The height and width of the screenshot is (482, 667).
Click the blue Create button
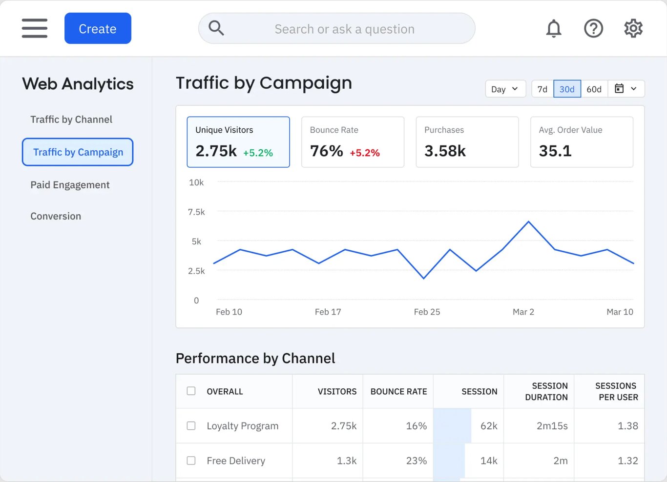coord(98,28)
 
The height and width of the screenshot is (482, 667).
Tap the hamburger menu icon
coord(35,28)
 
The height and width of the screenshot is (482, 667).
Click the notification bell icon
coord(553,28)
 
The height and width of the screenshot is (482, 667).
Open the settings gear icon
coord(633,28)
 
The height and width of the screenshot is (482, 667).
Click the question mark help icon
coord(593,28)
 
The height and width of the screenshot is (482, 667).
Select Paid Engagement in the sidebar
coord(70,185)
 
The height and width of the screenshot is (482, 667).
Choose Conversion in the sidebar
coord(56,216)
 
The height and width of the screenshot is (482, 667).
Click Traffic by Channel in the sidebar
coord(71,120)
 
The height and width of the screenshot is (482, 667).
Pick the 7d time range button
coord(542,89)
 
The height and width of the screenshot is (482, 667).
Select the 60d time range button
coord(594,89)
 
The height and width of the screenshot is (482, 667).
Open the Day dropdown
coord(505,89)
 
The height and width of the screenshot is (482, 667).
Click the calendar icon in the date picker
coord(619,89)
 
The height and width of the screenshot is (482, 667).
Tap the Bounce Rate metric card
coord(353,142)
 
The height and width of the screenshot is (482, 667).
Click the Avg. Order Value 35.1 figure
coord(555,151)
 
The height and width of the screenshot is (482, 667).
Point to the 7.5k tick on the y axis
coord(196,212)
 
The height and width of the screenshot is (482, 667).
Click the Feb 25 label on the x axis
coord(427,312)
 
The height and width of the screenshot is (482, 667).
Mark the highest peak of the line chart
coord(528,222)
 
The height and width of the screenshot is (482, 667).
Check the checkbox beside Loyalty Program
coord(191,426)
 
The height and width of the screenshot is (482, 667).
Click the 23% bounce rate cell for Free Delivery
coord(416,461)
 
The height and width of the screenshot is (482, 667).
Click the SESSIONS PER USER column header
coord(616,391)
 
